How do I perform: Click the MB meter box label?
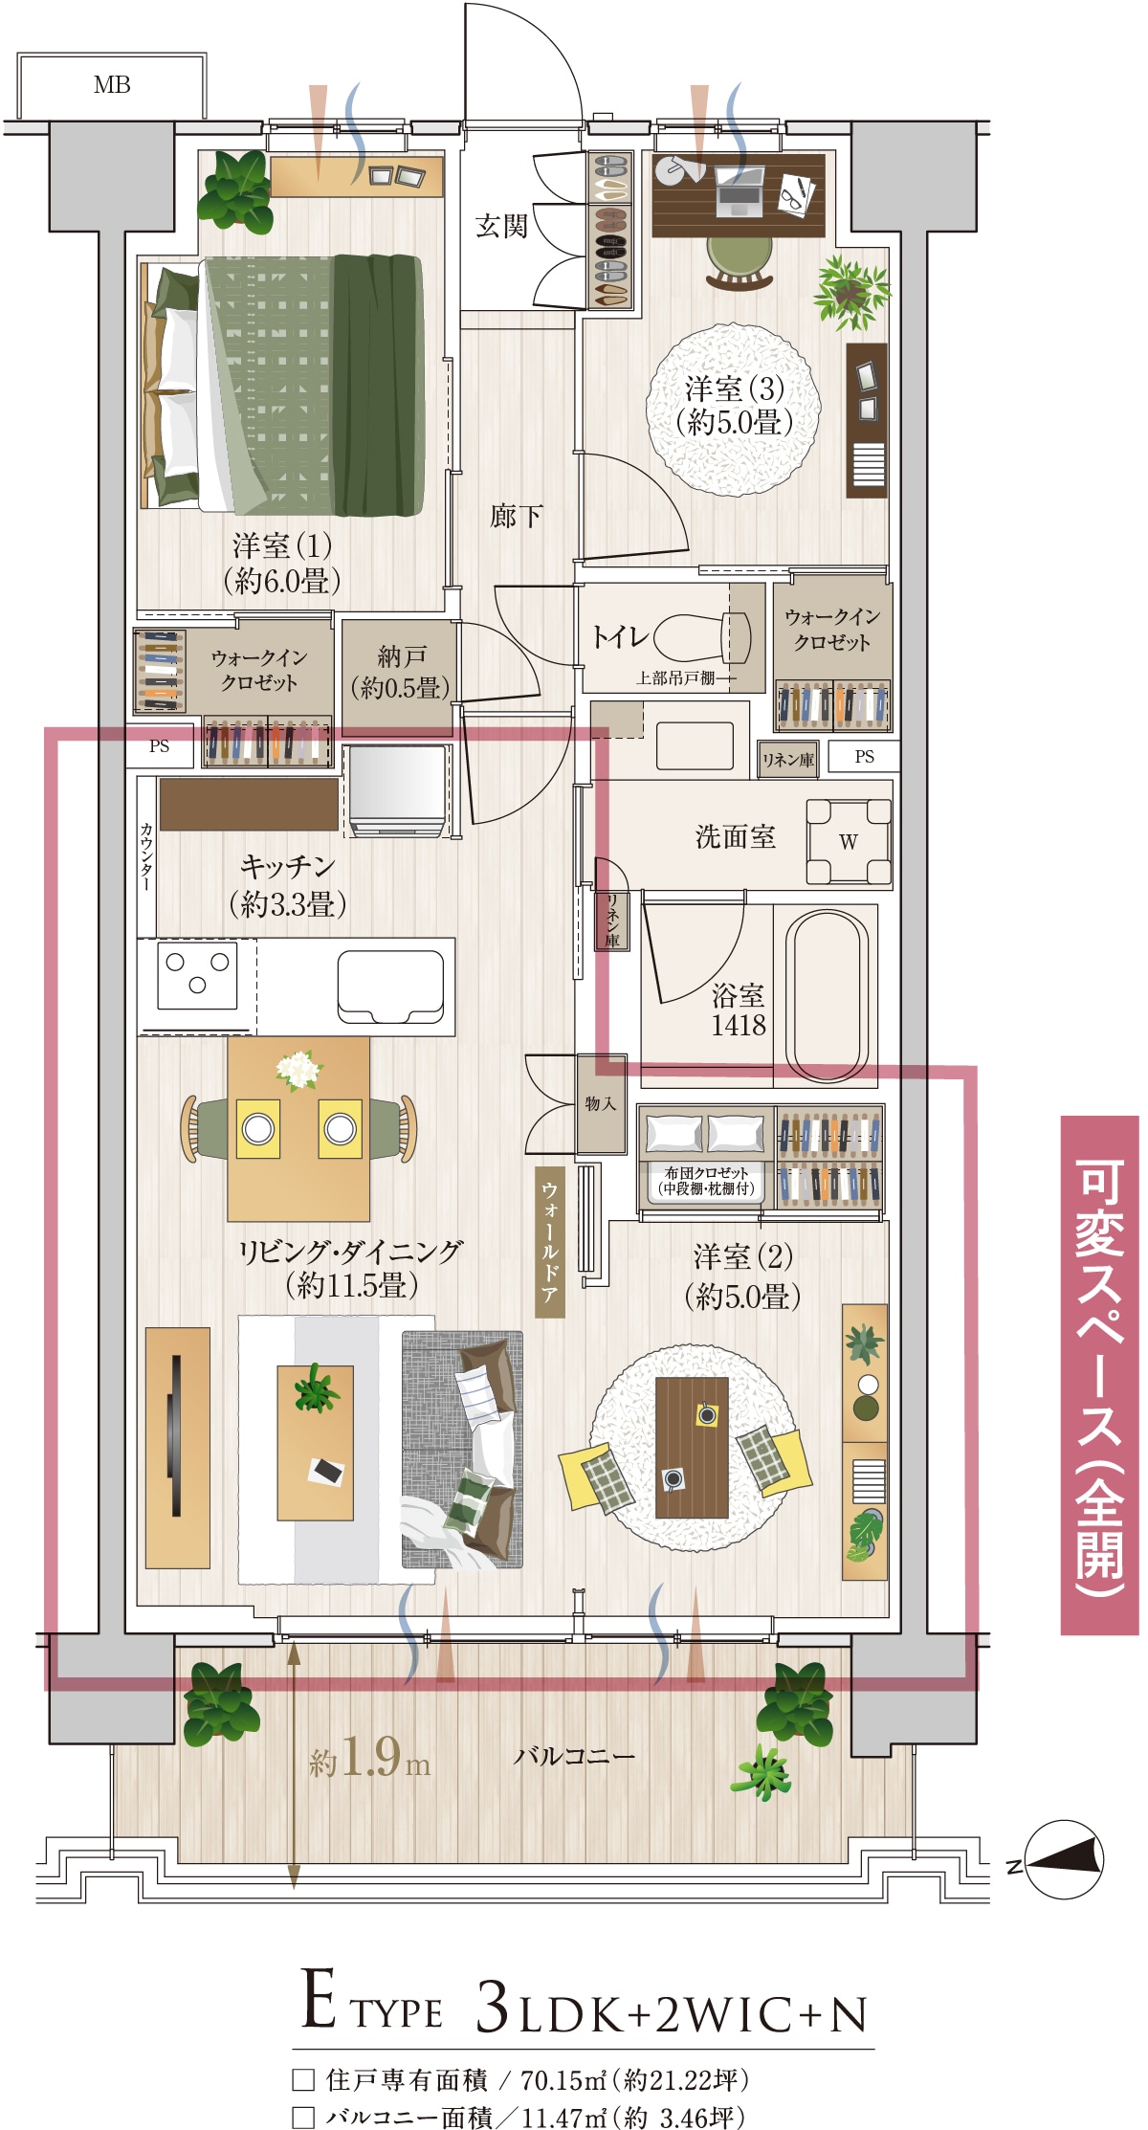(112, 85)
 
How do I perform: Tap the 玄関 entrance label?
(501, 226)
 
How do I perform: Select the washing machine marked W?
(849, 841)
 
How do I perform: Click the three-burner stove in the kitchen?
(198, 974)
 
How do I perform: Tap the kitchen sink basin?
(390, 987)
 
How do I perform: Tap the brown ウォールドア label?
(549, 1242)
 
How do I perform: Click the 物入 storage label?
(601, 1103)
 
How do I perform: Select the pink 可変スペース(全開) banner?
(1099, 1375)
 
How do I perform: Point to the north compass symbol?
(1064, 1859)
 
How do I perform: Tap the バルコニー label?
(574, 1756)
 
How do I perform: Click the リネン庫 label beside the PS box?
(787, 760)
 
